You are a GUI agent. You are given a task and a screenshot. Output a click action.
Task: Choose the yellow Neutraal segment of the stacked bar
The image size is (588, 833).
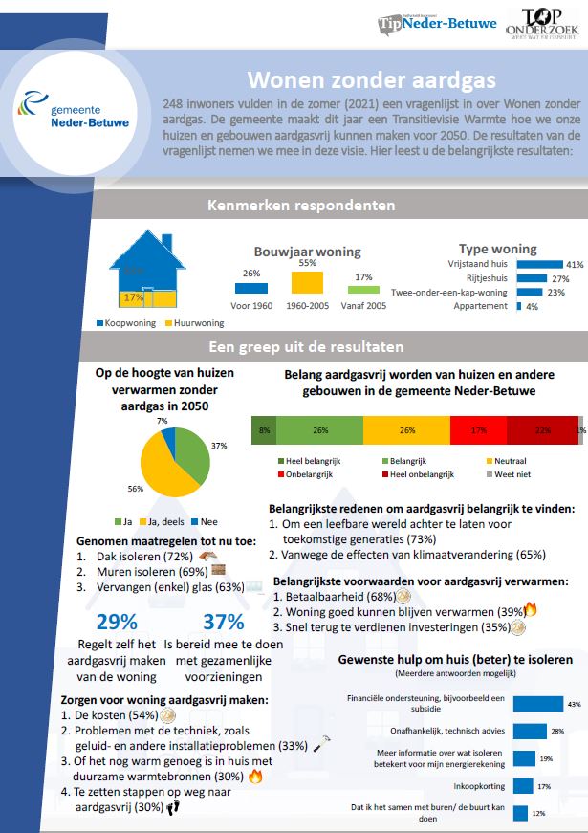(406, 431)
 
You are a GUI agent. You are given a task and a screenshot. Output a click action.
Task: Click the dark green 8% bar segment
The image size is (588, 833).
(263, 431)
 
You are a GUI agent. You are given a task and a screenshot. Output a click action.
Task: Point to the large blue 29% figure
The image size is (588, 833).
(116, 622)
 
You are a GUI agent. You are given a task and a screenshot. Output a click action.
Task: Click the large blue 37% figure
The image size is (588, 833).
(223, 622)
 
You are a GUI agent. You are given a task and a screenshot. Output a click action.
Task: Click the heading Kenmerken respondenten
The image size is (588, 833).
(301, 205)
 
